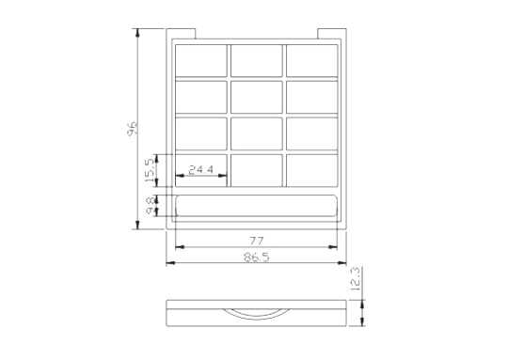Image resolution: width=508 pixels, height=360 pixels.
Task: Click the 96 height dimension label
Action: (x=132, y=129)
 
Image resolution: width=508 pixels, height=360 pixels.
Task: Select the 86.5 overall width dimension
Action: (x=256, y=258)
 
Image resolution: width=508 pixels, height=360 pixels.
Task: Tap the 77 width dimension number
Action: (x=257, y=241)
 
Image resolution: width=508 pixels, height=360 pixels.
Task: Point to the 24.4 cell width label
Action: (x=201, y=169)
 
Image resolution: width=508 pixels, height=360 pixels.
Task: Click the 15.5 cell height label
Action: (x=150, y=170)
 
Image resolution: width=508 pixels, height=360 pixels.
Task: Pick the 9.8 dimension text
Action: (x=151, y=205)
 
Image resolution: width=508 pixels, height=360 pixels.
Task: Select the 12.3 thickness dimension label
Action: (x=355, y=279)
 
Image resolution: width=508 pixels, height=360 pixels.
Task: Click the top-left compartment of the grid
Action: (x=201, y=60)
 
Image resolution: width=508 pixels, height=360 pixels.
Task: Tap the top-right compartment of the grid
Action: (x=312, y=60)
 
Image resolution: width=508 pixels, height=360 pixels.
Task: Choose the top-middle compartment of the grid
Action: (x=257, y=60)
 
